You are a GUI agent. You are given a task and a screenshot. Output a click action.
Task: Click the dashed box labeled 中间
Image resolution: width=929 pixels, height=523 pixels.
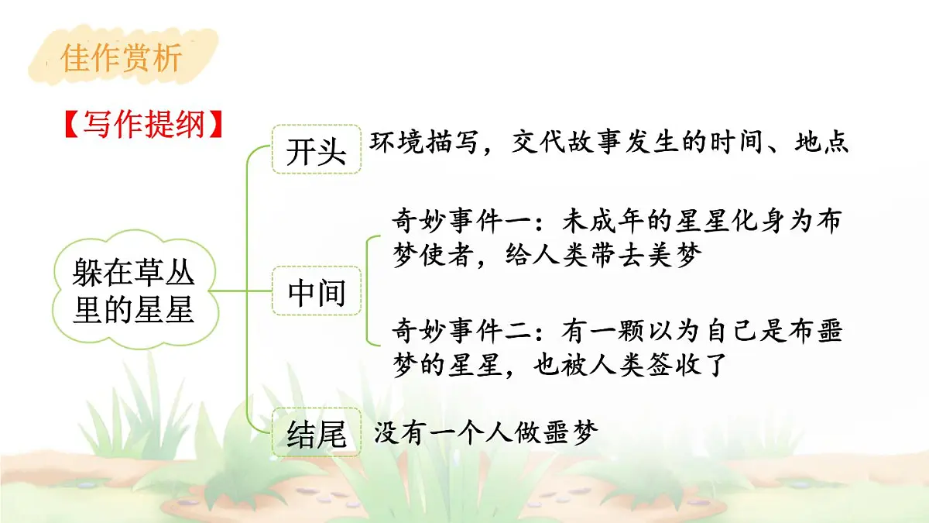(316, 292)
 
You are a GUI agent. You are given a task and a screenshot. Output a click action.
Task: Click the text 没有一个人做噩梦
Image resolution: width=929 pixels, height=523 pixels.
(486, 432)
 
